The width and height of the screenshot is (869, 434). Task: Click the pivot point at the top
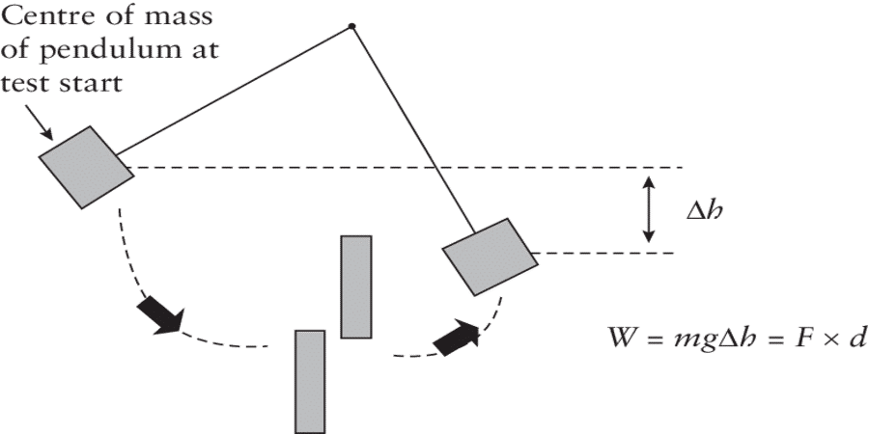click(352, 26)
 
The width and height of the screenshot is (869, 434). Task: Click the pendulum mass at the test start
click(86, 167)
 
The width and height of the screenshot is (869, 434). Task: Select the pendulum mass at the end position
click(489, 256)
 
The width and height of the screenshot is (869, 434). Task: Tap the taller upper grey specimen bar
click(355, 286)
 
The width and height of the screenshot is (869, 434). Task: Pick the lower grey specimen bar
click(309, 381)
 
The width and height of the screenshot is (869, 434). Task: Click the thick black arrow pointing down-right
click(161, 314)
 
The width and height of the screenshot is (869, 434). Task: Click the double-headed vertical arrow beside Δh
click(650, 209)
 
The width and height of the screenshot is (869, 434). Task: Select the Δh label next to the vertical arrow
click(703, 209)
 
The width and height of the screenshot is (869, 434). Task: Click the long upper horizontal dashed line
click(406, 167)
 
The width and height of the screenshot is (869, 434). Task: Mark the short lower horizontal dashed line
click(603, 254)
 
